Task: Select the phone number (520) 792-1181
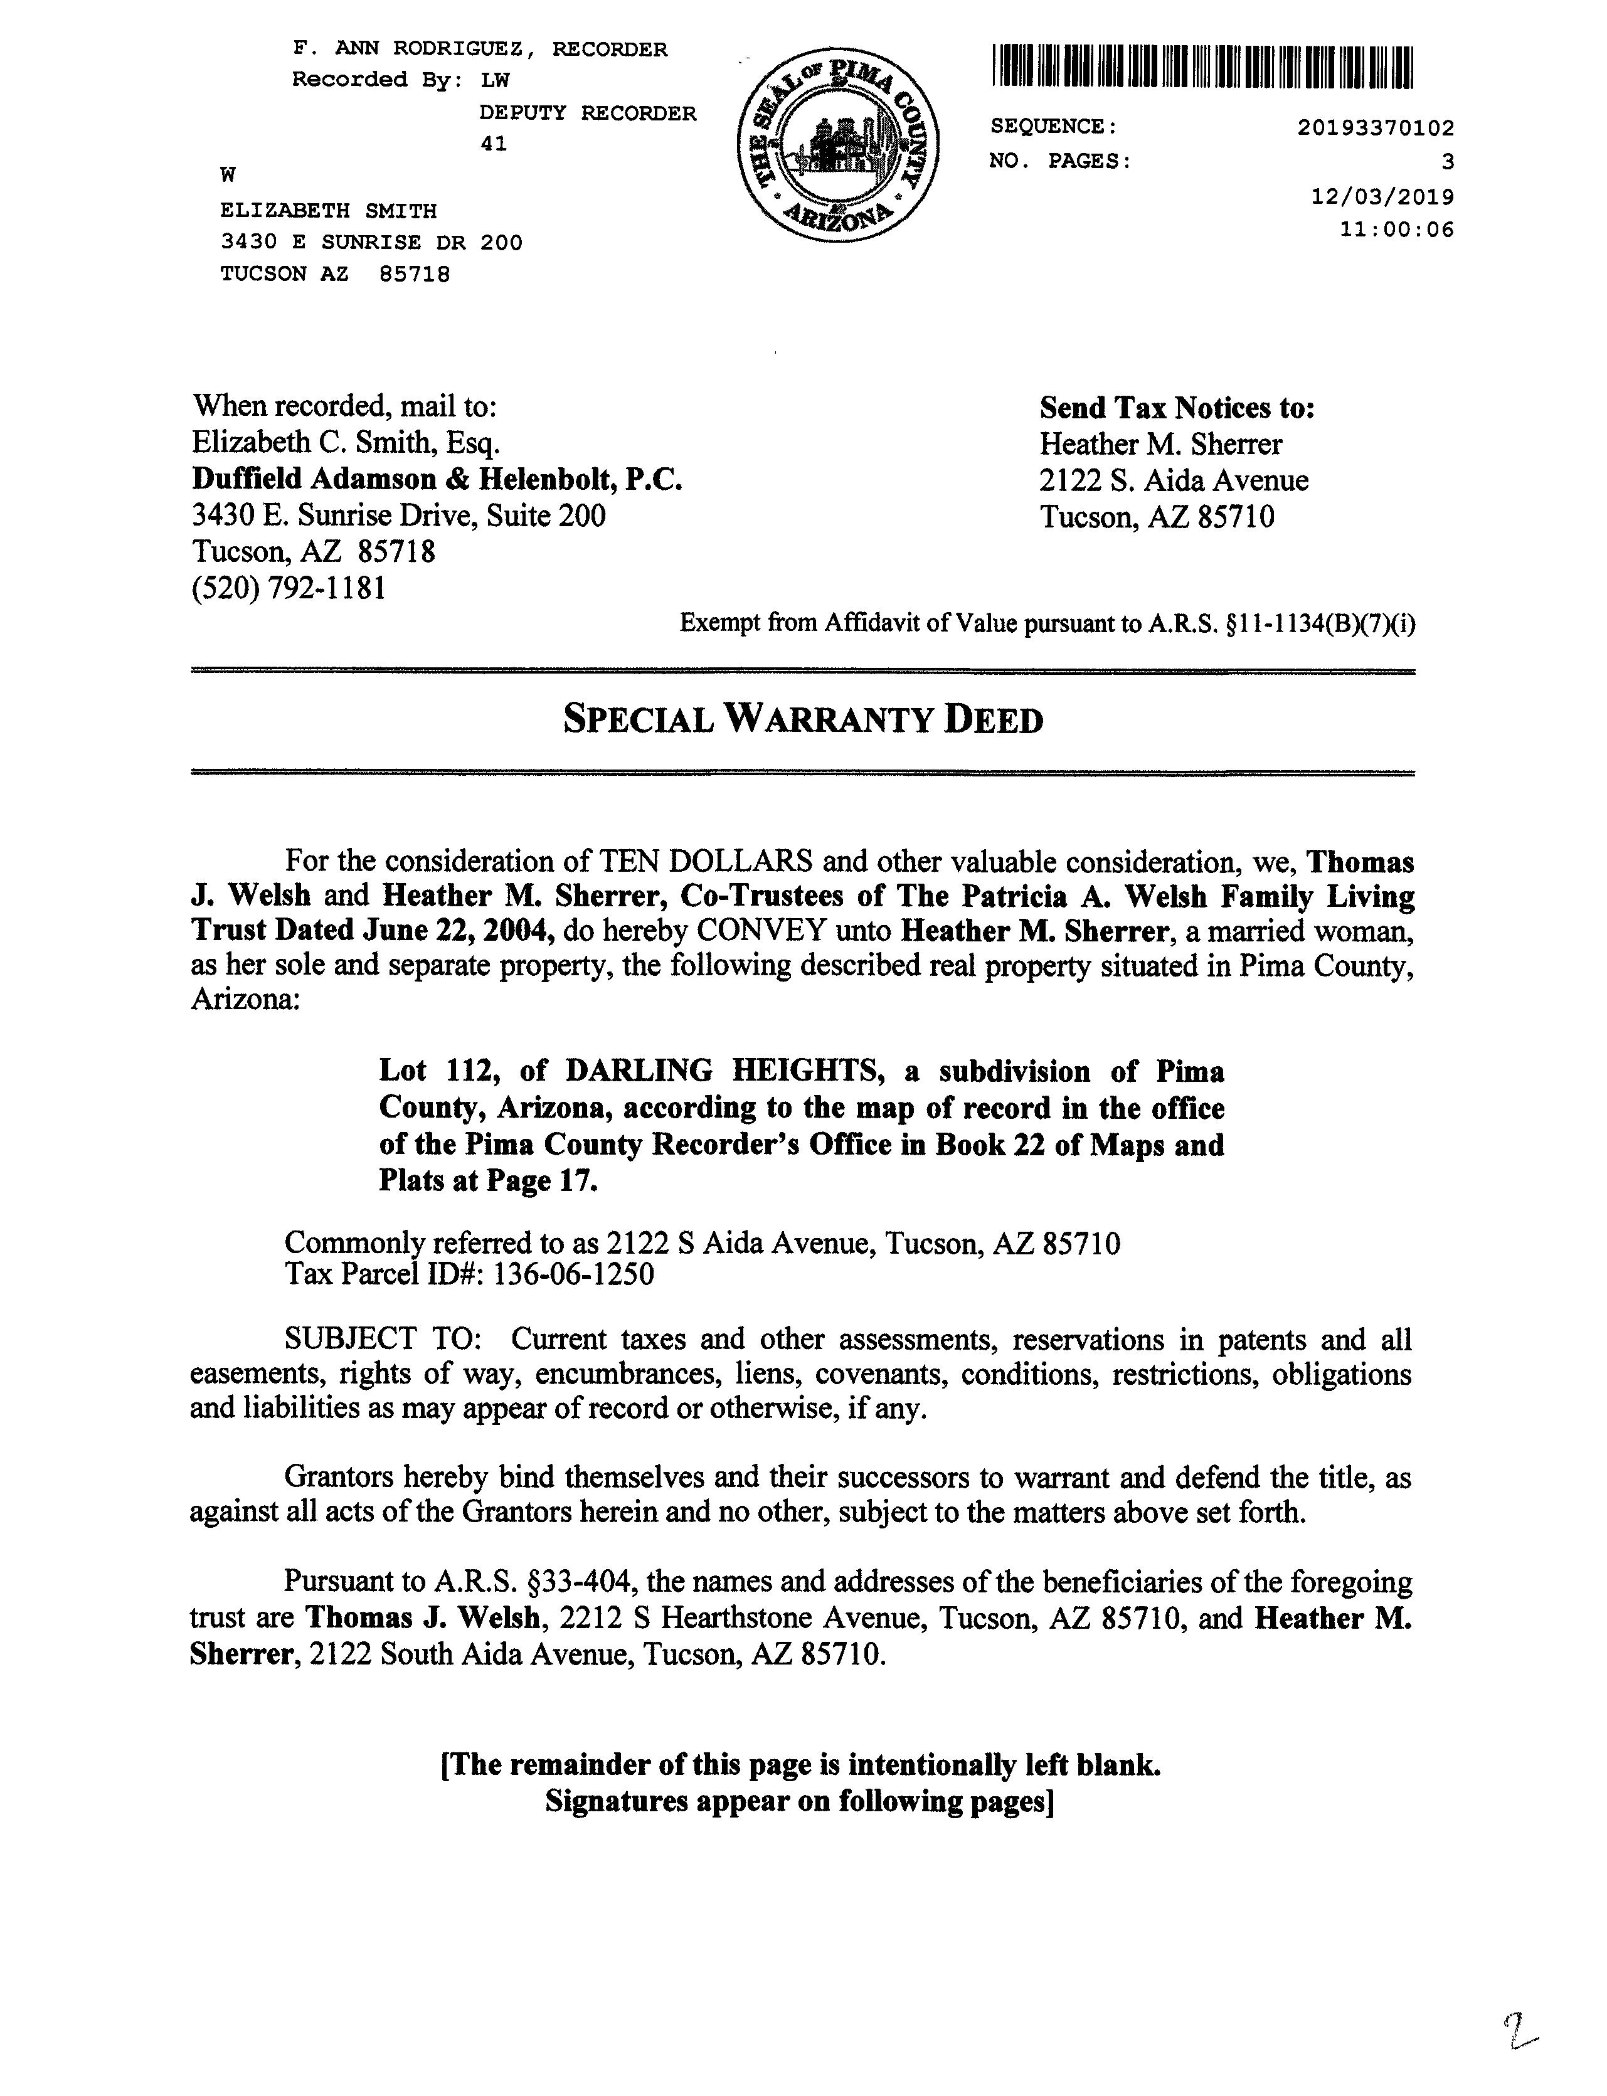[x=290, y=587]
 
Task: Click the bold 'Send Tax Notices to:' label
[x=1177, y=408]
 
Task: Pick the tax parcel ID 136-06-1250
[x=573, y=1274]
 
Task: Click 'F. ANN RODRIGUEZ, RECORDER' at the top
[x=480, y=49]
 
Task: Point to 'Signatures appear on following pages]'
[x=800, y=1801]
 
